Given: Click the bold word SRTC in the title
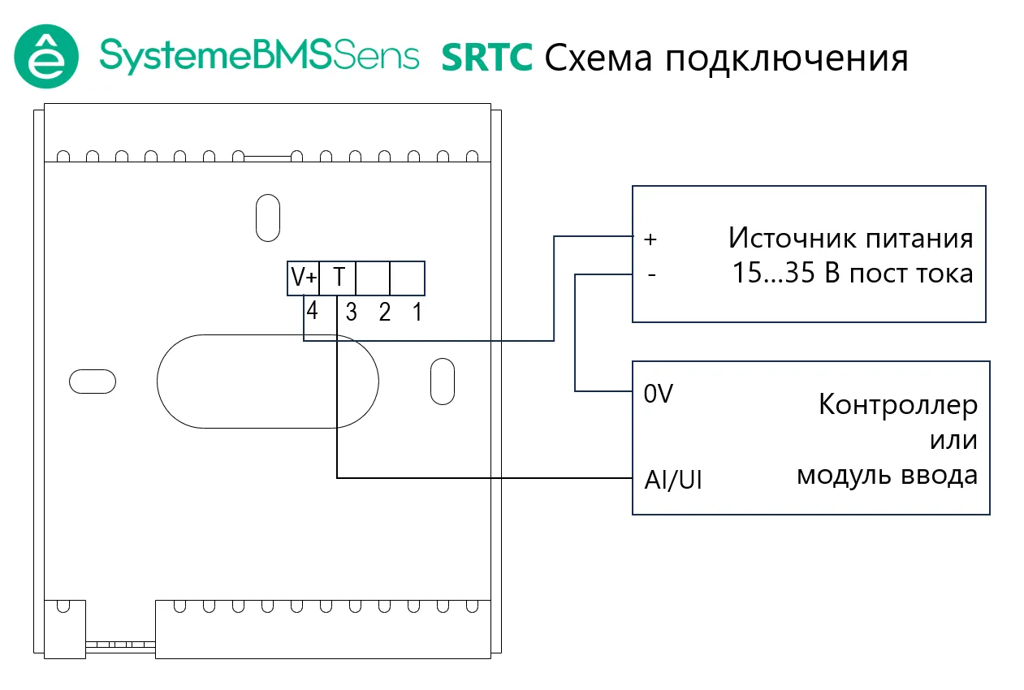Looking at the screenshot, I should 486,58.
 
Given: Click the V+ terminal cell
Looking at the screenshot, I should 305,278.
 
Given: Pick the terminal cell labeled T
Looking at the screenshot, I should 339,278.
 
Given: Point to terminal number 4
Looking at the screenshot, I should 312,311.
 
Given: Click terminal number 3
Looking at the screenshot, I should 351,313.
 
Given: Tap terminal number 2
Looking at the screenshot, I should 385,313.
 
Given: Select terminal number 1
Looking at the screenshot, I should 417,313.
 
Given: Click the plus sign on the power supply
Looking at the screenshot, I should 649,239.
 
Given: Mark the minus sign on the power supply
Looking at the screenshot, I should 650,275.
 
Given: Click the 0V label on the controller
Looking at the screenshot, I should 658,395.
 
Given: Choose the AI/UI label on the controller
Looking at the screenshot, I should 672,480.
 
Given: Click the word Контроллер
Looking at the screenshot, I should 897,404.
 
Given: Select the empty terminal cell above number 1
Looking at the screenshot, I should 408,278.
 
